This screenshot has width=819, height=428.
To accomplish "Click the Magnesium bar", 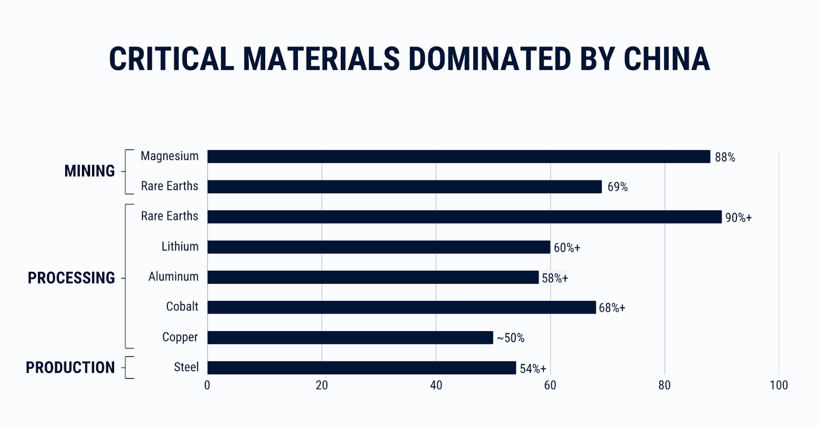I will pos(459,157).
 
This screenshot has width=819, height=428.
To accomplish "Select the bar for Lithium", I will pos(379,247).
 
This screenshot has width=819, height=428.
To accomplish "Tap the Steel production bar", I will pos(361,368).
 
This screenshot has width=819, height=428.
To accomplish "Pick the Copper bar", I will pos(350,337).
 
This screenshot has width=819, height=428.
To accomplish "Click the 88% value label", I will pos(725,158).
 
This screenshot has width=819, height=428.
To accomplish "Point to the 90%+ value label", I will pos(738,218).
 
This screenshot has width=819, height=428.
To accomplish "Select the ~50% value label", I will pos(510,338).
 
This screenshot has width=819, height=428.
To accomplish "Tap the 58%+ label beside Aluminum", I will pos(555,278).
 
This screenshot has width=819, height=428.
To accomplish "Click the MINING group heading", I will pos(90,171).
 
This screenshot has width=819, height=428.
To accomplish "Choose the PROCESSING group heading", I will pos(71,278).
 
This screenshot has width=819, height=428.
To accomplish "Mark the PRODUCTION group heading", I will pos(70,368).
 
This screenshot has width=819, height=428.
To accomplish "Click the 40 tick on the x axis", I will pos(436,386).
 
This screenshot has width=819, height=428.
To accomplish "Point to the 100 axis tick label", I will pos(779,386).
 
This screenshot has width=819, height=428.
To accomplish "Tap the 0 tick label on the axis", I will pos(207,386).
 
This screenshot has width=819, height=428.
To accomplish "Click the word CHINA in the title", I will pos(666,59).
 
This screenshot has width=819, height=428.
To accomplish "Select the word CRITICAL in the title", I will pos(171,59).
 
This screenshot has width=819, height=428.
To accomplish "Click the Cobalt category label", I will pos(182,307).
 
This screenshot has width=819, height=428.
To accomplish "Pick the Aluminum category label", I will pos(173,277).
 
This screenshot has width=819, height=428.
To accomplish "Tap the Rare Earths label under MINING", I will pos(169,186).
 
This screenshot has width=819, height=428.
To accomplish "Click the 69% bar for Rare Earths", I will pos(404,187).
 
